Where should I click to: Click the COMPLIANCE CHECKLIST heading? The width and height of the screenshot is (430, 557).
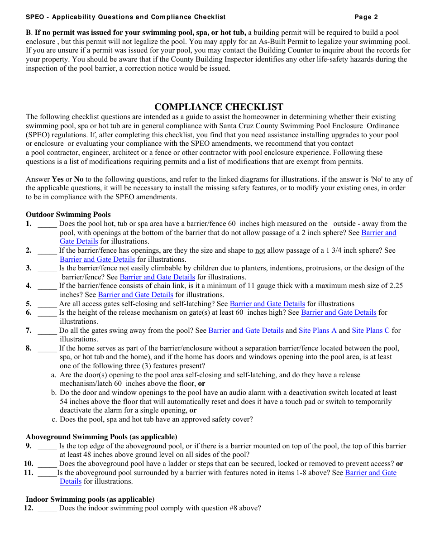click(219, 107)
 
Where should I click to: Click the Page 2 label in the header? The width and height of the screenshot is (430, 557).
click(366, 17)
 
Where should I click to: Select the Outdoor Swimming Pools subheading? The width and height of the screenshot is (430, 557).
click(68, 215)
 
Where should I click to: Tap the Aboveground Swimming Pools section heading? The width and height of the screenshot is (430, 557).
click(101, 437)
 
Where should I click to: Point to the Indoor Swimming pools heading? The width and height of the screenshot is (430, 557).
click(90, 499)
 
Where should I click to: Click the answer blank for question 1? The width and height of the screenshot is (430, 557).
click(47, 224)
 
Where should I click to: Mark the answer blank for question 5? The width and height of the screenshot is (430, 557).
click(47, 304)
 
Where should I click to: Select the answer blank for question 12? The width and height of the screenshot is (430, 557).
click(47, 508)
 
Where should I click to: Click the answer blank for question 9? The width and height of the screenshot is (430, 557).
click(47, 446)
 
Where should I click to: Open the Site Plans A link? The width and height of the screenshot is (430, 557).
click(317, 331)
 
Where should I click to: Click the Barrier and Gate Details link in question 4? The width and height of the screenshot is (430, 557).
click(135, 295)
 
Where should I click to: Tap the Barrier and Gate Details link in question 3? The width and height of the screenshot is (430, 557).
click(157, 277)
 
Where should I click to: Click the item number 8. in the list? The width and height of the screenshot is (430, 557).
click(29, 348)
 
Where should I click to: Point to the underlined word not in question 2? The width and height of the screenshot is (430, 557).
click(260, 250)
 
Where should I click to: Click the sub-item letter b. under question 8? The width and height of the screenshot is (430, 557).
click(54, 393)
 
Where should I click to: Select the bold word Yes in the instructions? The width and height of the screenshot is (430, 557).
click(57, 179)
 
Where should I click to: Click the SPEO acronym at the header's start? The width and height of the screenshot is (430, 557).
click(35, 17)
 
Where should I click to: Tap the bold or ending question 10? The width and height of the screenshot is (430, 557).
click(399, 464)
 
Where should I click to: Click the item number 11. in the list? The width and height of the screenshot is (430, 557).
click(29, 473)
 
